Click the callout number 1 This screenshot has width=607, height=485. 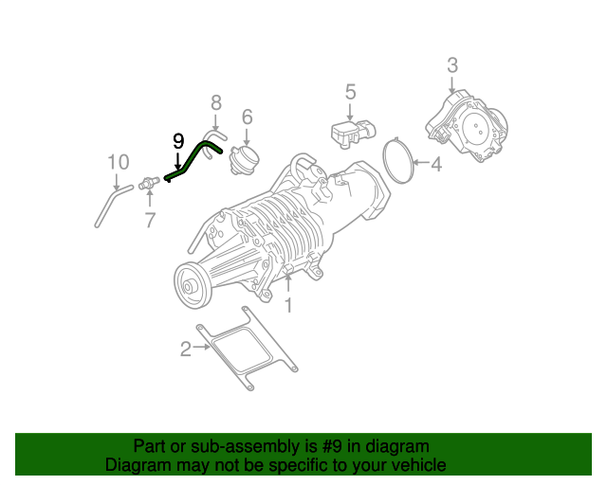(x=289, y=305)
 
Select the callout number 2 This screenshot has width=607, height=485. (x=186, y=349)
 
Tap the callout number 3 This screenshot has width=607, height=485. (x=452, y=64)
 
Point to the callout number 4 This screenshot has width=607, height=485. (x=435, y=165)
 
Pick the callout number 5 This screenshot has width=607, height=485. (x=350, y=92)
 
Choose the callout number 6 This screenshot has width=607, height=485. (x=247, y=117)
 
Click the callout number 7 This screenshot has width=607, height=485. (x=149, y=221)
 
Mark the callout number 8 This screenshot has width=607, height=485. (x=215, y=101)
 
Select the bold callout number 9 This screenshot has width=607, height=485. (x=177, y=141)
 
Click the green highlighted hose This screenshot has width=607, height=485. (x=196, y=155)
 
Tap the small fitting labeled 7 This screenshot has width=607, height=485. (x=150, y=184)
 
